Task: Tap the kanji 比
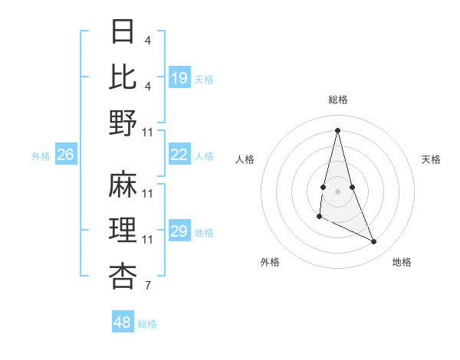tap(123, 77)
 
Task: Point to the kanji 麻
tap(123, 185)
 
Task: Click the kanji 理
tap(123, 230)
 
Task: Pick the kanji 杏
tap(123, 275)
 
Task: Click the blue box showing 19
tap(179, 77)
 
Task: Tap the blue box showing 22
tap(179, 155)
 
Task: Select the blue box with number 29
tap(179, 231)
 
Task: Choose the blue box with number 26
tap(65, 155)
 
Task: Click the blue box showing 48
tap(123, 322)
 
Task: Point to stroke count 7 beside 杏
tap(147, 286)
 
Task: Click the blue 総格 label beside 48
tap(147, 324)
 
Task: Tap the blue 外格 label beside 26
tap(41, 156)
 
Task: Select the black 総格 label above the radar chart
tap(338, 100)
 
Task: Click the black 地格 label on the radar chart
tap(402, 262)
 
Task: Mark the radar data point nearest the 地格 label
tap(374, 242)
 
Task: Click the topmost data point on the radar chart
tap(337, 129)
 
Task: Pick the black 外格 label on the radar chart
tap(270, 262)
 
